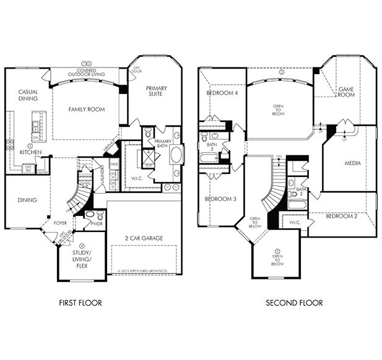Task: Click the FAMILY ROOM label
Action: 87,109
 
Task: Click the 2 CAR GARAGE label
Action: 143,237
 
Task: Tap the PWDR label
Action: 97,223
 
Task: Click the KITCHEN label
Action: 29,152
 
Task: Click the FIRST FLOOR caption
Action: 80,303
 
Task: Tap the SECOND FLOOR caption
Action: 293,303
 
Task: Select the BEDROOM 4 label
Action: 221,93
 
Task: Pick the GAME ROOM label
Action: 345,92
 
